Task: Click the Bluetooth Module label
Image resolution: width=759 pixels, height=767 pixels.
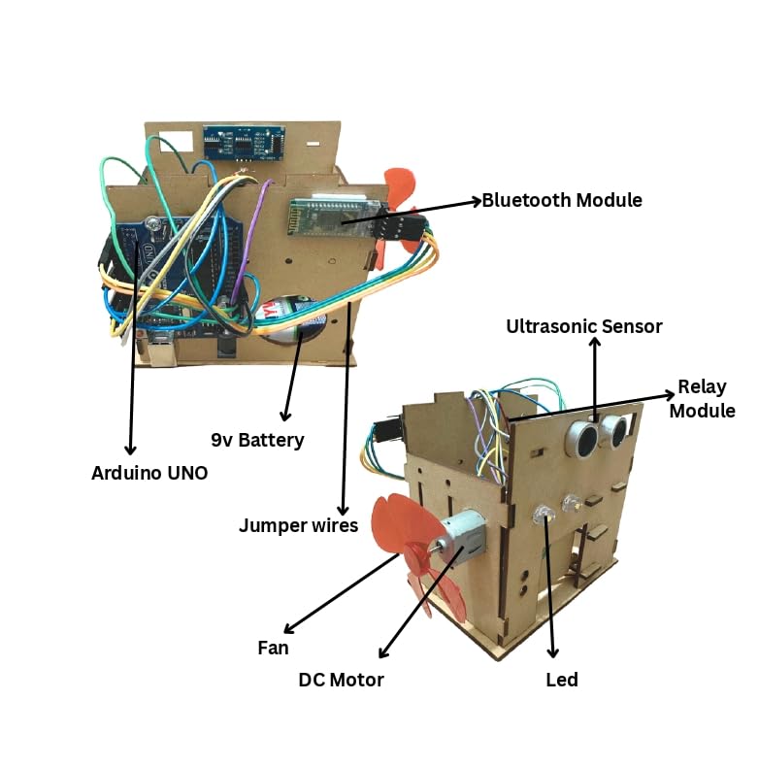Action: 562,201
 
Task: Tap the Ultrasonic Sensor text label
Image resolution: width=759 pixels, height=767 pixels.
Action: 583,326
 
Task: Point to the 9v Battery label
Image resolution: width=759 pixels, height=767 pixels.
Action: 257,440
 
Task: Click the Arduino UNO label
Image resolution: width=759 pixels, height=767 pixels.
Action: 148,473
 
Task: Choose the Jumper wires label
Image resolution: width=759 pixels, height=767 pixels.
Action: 298,525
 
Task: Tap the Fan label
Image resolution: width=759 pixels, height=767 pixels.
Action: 273,647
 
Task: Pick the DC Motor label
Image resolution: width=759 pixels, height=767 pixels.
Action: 341,680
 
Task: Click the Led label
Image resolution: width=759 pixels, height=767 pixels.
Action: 562,680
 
